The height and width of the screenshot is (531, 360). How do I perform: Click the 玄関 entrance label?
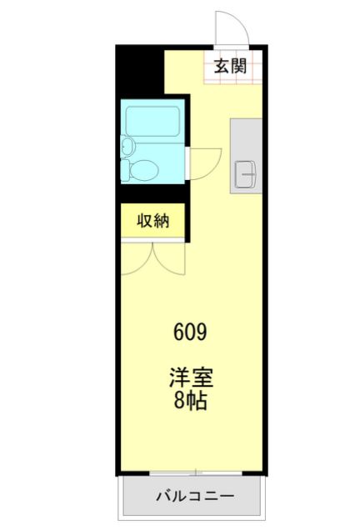(x=230, y=67)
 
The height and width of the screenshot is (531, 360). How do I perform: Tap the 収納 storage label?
(x=152, y=221)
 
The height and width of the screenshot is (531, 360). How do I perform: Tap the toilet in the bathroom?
(x=142, y=170)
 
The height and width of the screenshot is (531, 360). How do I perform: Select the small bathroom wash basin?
(x=127, y=147)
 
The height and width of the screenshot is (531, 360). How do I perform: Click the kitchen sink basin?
(x=245, y=173)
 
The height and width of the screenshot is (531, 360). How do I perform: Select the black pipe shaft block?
(x=138, y=70)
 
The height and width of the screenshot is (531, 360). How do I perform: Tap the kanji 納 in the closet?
(x=162, y=221)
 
